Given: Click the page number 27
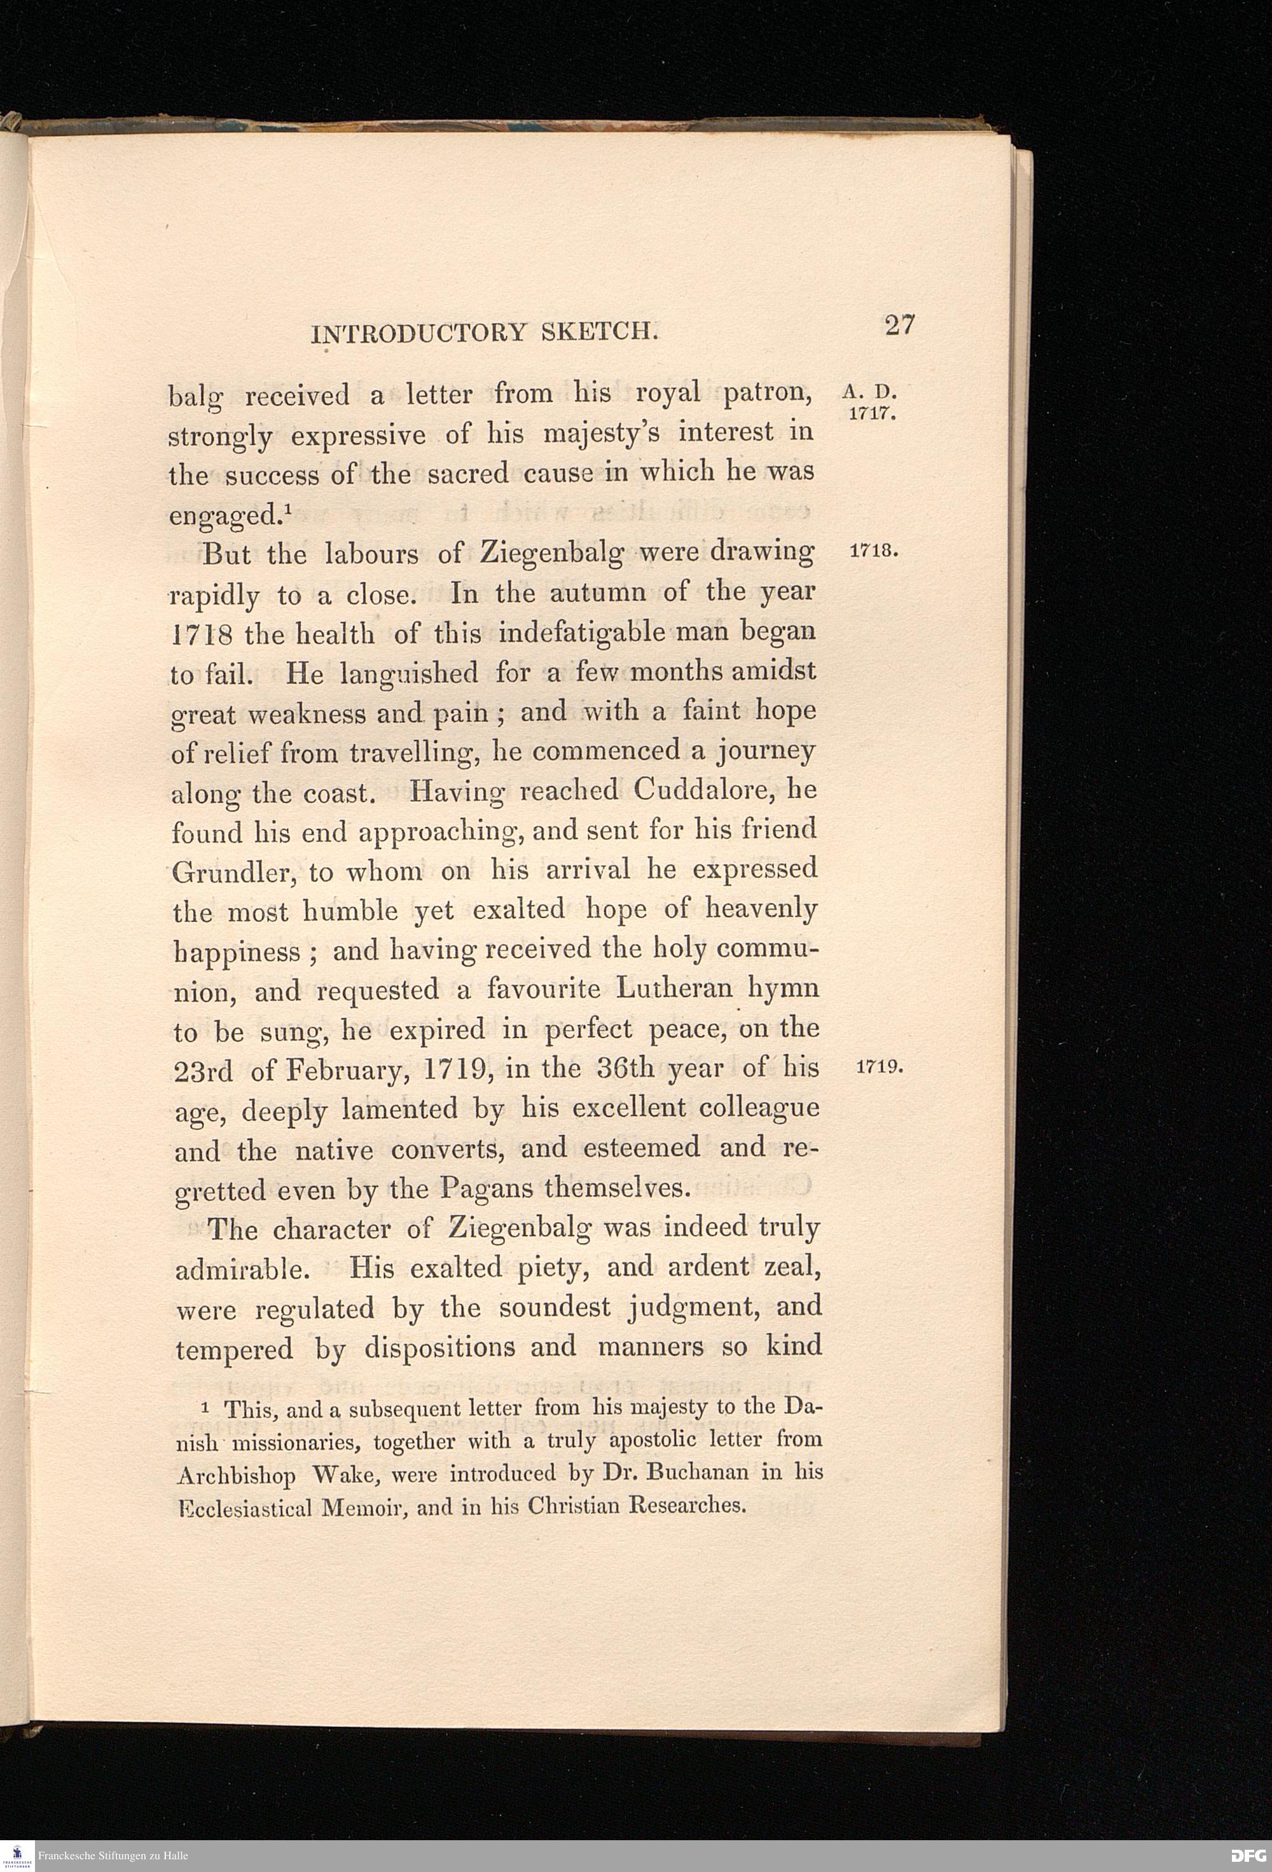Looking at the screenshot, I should tap(899, 326).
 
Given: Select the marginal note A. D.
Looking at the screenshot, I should tap(870, 393).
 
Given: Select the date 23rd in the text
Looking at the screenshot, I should tap(203, 1071).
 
